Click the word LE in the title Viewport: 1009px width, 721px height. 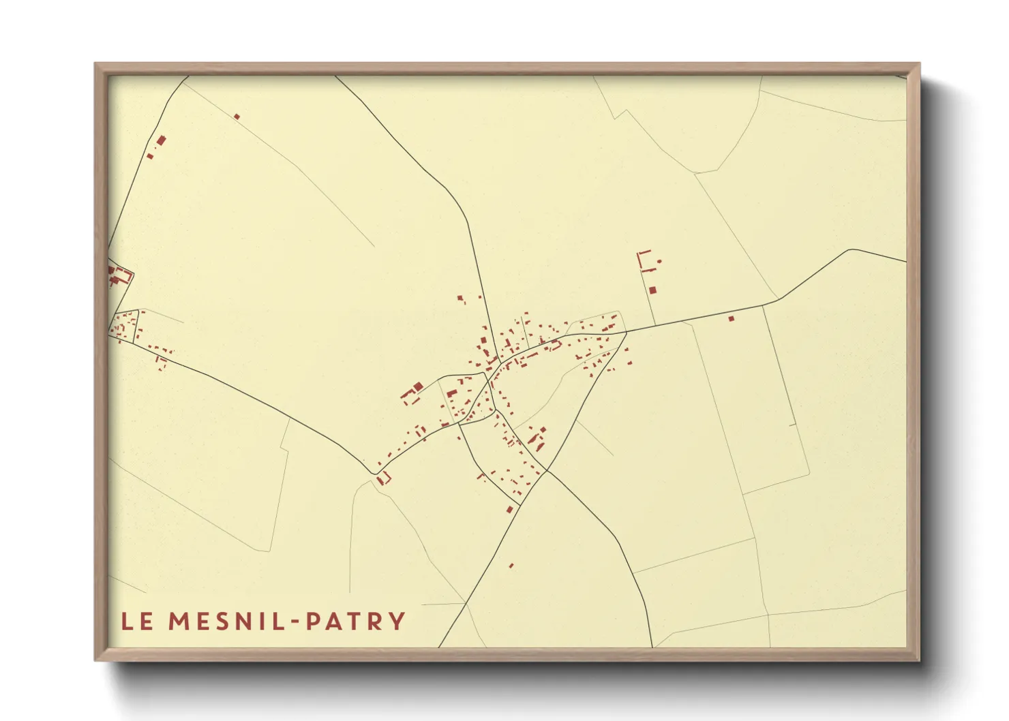click(137, 622)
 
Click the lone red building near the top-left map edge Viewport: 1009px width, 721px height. click(237, 117)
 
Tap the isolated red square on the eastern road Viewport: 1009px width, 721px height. click(732, 318)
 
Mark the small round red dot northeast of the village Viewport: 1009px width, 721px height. click(659, 261)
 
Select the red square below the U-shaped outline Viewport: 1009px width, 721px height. click(652, 290)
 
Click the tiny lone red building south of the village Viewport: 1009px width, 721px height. click(511, 565)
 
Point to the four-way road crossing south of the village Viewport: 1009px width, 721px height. click(545, 472)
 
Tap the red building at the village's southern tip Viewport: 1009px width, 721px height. click(509, 508)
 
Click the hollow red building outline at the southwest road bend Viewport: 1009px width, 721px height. click(384, 479)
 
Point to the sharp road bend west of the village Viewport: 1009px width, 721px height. click(376, 471)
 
